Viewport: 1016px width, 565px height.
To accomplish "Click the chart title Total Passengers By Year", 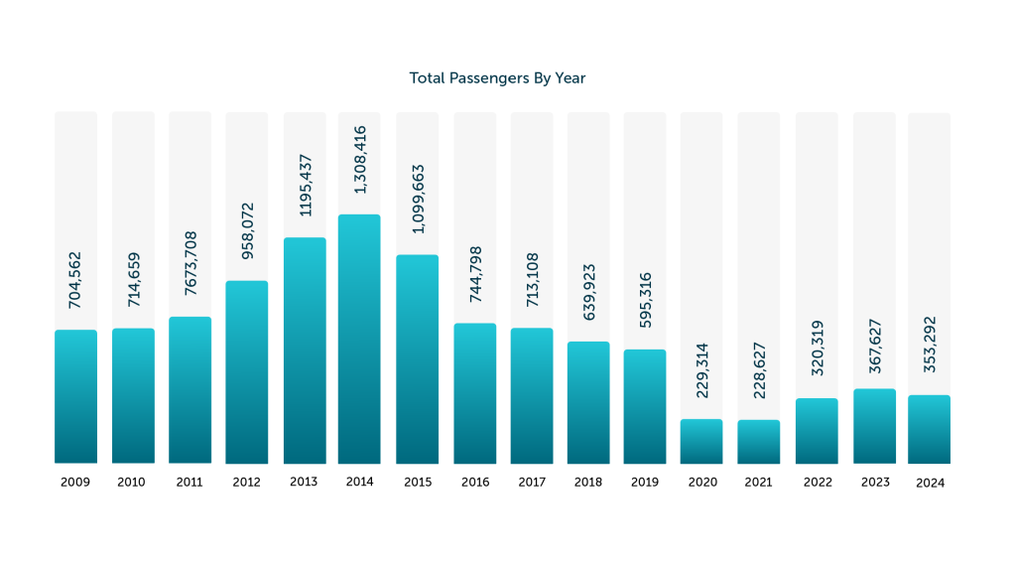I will pos(497,77).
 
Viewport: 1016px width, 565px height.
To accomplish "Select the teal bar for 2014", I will pos(359,339).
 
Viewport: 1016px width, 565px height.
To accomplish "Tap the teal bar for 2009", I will pos(75,396).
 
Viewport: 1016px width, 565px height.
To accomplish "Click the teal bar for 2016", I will pos(475,393).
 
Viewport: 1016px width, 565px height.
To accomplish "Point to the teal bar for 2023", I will pos(874,426).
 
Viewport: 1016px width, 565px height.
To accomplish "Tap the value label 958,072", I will pos(247,229).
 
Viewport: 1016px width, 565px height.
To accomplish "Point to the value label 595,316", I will pos(645,296).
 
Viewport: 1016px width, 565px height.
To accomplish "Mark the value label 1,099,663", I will pos(418,199).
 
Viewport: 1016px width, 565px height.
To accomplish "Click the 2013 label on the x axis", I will pos(304,482).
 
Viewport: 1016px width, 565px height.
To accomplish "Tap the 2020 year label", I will pos(702,483).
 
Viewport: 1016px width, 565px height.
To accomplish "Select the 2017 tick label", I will pos(532,483).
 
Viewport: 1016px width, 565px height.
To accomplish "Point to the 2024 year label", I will pos(930,484).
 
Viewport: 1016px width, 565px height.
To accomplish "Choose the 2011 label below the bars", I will pos(190,483).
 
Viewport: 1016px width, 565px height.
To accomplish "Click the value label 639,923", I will pos(588,288).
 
